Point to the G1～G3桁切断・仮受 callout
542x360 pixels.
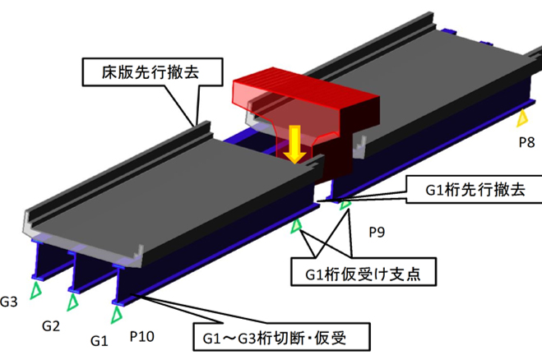279,335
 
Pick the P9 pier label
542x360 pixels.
378,231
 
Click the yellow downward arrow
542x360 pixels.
292,149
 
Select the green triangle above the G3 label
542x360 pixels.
35,290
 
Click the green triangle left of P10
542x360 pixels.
118,313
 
